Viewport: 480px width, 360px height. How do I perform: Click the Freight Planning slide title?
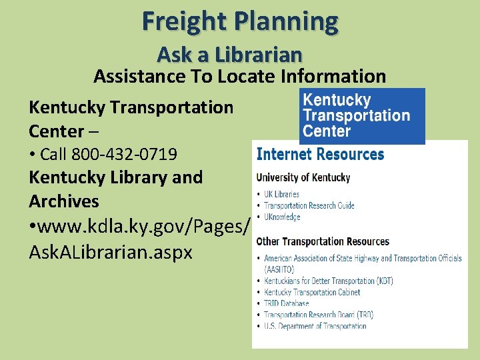pos(240,21)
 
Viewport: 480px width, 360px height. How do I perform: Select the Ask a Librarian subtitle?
pos(229,54)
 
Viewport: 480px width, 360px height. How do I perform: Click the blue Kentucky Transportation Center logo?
pos(361,116)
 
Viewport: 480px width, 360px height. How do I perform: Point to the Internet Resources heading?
pos(320,155)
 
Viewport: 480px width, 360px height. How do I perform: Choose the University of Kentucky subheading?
pos(303,177)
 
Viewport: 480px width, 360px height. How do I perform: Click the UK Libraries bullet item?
pos(281,194)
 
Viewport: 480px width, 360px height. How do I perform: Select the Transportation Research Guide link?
pos(309,205)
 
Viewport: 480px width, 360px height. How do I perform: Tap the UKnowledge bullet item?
pos(282,217)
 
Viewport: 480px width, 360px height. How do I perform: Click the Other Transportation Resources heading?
pos(323,241)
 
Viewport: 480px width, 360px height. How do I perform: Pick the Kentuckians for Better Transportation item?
pos(328,281)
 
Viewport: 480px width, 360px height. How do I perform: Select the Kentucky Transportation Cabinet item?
pos(312,292)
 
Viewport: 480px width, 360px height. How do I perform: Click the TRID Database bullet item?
pos(286,303)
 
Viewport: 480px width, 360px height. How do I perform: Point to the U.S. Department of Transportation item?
pos(315,326)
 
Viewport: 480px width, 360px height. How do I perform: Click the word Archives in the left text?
pos(64,201)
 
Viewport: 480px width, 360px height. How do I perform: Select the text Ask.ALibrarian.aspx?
pos(111,252)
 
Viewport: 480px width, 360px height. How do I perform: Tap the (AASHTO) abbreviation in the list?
pos(281,269)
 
